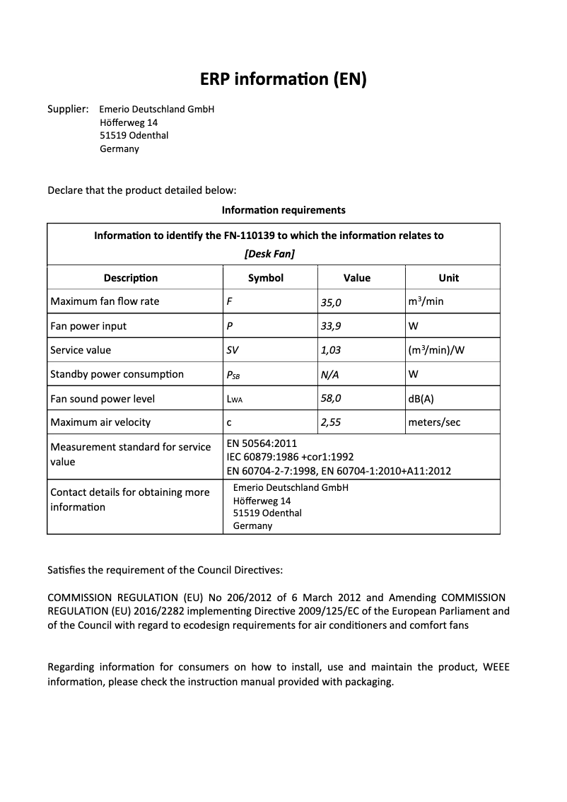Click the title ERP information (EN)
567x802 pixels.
coord(283,79)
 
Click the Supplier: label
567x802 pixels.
coord(68,109)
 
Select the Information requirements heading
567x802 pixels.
coord(283,210)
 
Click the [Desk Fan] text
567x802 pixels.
coord(269,253)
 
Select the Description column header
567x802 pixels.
coord(131,278)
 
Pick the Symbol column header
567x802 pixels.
coord(266,278)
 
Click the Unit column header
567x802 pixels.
coord(448,278)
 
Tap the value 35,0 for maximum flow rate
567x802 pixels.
coord(331,302)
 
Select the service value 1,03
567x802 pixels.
coord(331,351)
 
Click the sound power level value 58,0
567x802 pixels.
coord(331,399)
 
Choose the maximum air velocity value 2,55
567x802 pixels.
coord(331,423)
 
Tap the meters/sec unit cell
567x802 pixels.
coord(434,423)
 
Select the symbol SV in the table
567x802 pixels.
coord(233,351)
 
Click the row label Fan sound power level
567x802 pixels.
coord(103,399)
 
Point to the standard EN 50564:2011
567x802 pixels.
coord(257,443)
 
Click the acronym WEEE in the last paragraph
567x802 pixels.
coord(496,667)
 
